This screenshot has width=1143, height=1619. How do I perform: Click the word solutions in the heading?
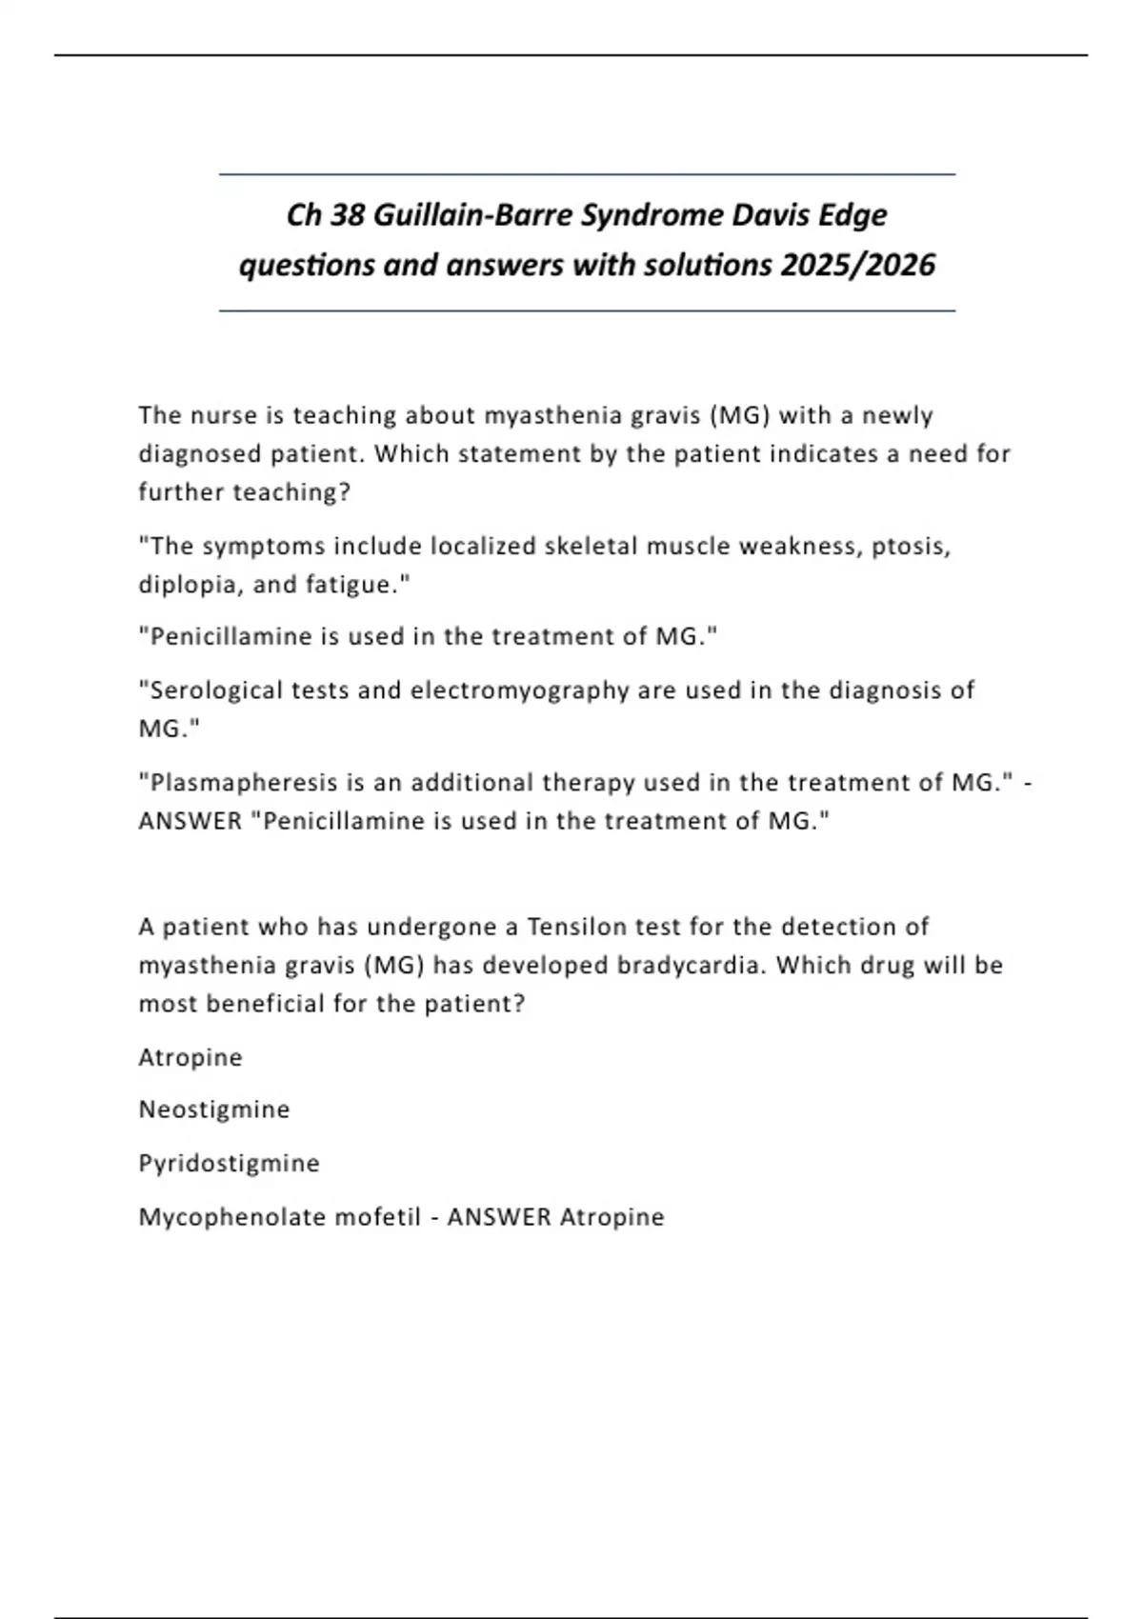point(708,265)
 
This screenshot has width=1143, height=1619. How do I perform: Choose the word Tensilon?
point(588,927)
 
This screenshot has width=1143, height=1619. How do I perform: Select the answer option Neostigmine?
point(214,1109)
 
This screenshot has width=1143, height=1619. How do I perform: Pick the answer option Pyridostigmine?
point(229,1163)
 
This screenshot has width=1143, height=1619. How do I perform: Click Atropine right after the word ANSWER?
point(612,1217)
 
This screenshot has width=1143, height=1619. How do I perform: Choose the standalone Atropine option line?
point(190,1057)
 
